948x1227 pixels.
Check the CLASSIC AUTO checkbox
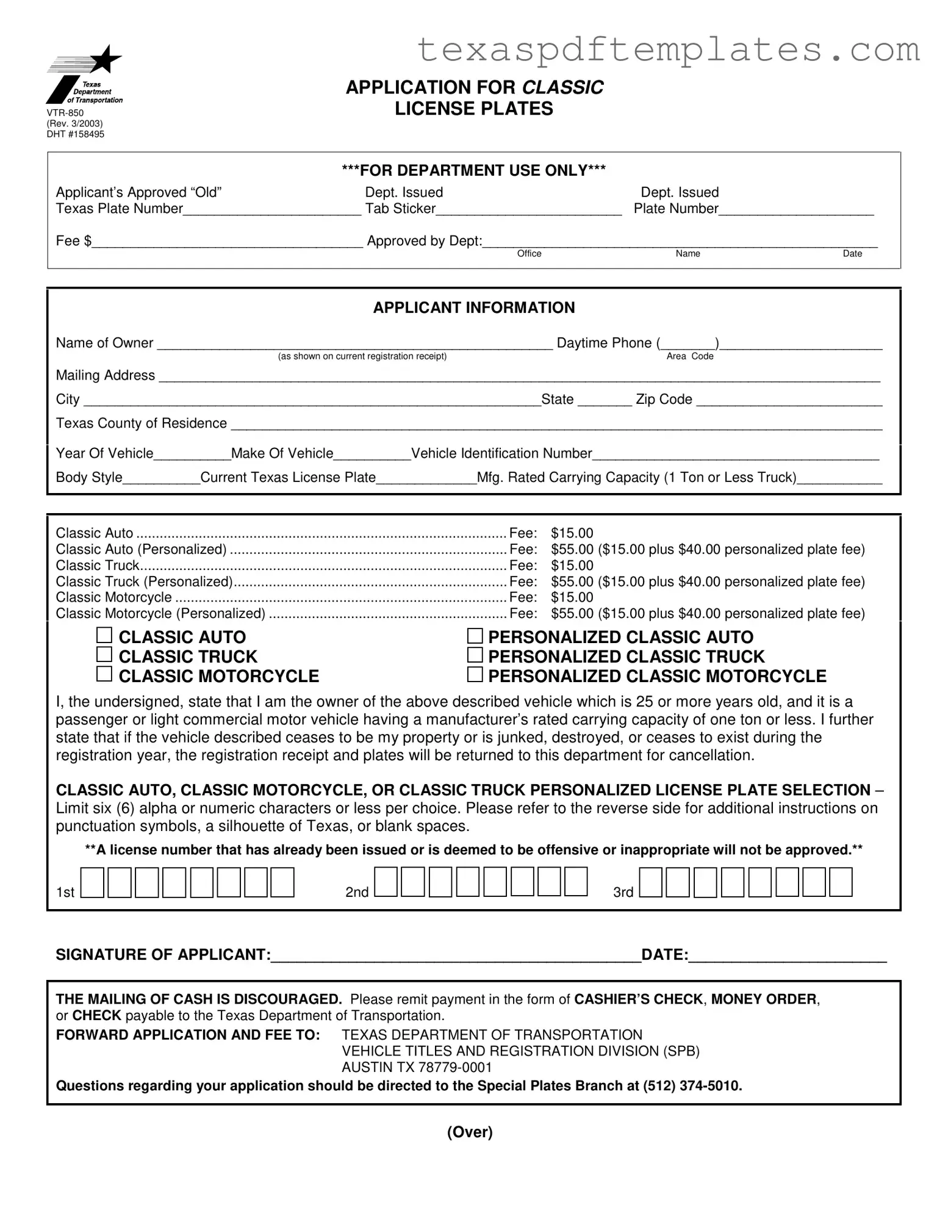(104, 636)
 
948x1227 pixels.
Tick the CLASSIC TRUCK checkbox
(104, 655)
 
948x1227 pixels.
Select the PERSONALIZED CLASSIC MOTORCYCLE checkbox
(475, 675)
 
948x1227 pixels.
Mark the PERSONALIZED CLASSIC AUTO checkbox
(475, 636)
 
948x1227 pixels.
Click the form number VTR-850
(65, 113)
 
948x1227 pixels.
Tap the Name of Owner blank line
(354, 344)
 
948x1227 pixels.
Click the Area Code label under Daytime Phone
(689, 356)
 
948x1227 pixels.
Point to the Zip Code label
(664, 400)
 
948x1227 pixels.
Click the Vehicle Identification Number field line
(735, 455)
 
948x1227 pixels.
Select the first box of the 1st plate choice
(92, 883)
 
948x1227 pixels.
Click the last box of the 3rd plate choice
(841, 883)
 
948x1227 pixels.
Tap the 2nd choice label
(357, 892)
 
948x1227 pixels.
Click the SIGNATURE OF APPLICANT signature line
(454, 956)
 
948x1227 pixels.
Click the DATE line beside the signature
(787, 956)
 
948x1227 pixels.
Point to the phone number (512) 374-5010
(692, 1086)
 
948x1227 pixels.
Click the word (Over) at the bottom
(469, 1132)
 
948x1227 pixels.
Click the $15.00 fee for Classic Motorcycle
(572, 597)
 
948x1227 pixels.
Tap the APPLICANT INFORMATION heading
(473, 308)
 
